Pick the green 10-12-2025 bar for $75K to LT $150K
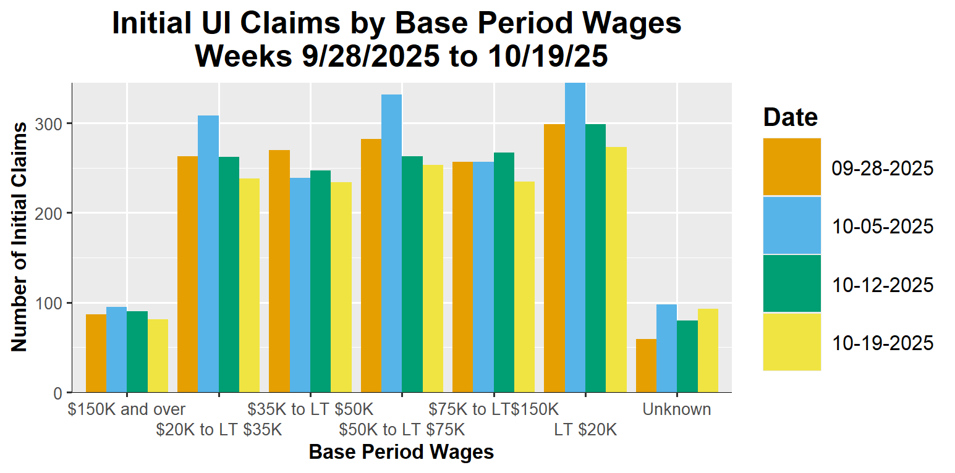point(504,272)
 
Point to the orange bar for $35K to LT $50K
point(279,271)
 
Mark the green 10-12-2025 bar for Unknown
point(687,356)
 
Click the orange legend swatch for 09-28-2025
point(792,167)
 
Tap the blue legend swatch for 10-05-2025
point(792,225)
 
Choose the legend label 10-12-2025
point(882,285)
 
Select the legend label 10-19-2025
point(882,343)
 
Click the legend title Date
point(790,117)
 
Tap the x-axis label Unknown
point(676,409)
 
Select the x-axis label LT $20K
point(585,429)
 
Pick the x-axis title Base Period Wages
point(401,453)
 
